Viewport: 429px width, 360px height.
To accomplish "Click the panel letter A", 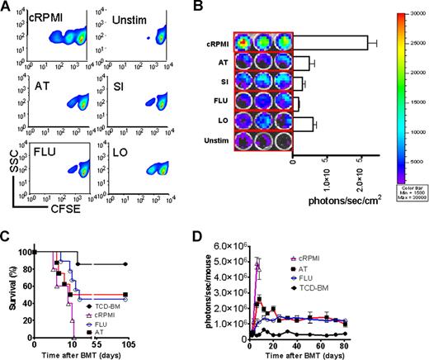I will coord(7,7).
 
